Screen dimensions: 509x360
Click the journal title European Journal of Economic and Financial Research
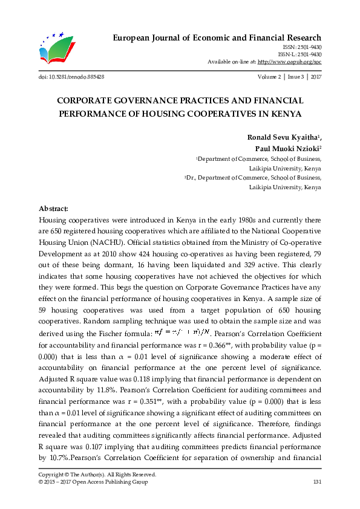[217, 37]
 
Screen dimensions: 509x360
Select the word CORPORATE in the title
[88, 100]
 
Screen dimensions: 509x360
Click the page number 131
[316, 482]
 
